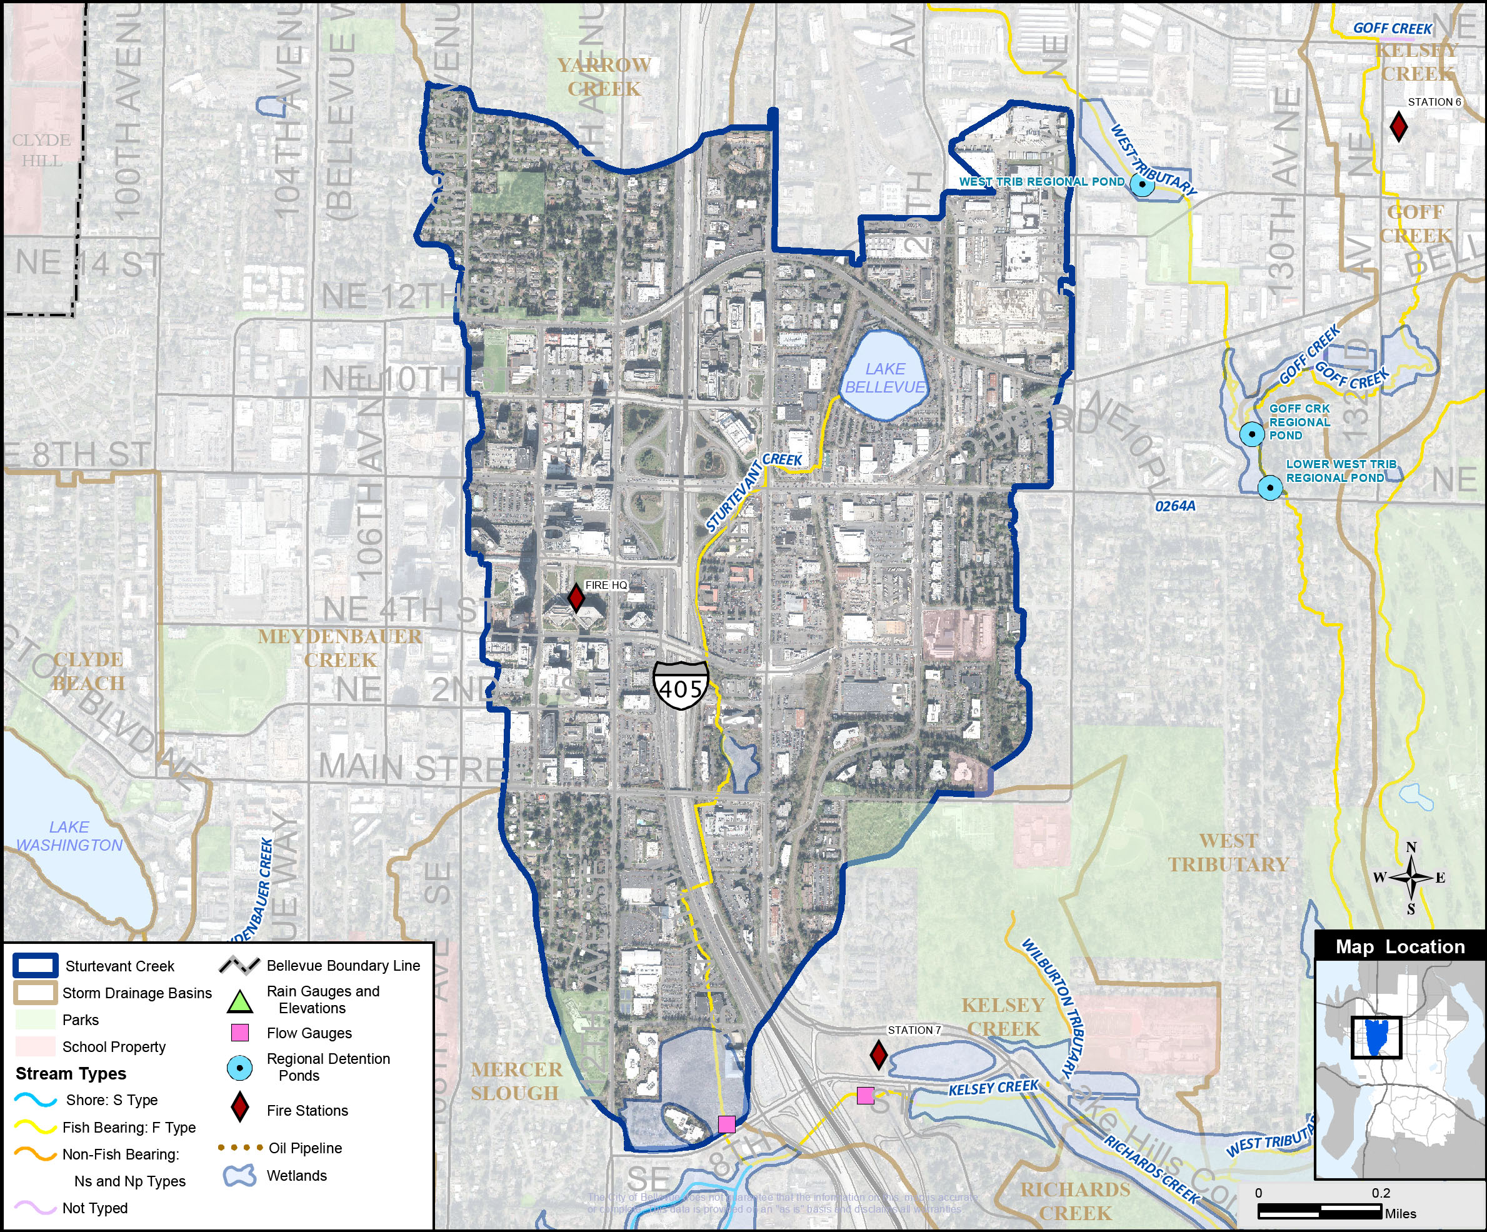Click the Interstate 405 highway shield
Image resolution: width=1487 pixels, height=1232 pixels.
(681, 684)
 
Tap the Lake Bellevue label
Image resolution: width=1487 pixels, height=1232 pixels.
(885, 378)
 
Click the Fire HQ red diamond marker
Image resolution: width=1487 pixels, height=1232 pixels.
(576, 598)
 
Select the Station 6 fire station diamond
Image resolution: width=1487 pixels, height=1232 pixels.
(1398, 127)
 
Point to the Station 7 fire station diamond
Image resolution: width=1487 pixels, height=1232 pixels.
(878, 1054)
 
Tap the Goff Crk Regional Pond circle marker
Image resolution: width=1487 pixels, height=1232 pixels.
(1252, 433)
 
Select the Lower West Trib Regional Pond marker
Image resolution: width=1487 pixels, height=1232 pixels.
(1269, 487)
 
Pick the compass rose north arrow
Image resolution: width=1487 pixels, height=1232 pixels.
(1411, 878)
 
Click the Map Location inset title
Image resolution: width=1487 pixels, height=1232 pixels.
(1400, 946)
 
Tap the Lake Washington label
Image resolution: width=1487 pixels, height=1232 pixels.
(69, 836)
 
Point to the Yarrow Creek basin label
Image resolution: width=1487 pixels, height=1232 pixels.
(603, 76)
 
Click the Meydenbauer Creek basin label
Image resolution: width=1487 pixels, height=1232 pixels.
(340, 648)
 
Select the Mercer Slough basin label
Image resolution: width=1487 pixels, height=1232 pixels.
(516, 1081)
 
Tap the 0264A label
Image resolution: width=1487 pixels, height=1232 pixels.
(1174, 506)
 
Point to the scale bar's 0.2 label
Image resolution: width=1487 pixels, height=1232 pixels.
(1380, 1193)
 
